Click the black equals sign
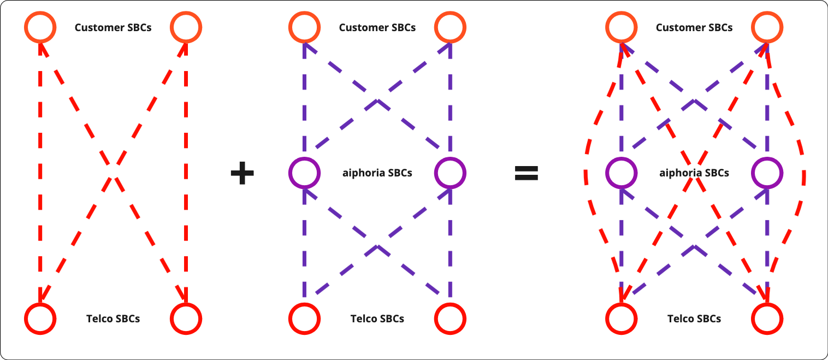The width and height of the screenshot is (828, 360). coord(527,174)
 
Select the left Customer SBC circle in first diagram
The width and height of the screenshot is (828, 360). coord(40,27)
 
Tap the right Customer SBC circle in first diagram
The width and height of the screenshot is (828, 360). coord(186,27)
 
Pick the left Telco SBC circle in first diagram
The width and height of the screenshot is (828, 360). coord(40,318)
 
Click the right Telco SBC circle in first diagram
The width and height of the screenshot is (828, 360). coord(186,318)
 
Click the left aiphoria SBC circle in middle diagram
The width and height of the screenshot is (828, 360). coord(304,173)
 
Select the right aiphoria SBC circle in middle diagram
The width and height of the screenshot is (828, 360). coord(450,173)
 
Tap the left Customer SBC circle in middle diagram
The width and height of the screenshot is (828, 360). coord(304,27)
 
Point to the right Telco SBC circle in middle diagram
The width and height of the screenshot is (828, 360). coord(450,318)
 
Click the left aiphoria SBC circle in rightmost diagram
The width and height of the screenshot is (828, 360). coord(621,173)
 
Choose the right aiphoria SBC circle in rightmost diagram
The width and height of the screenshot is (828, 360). coord(767,173)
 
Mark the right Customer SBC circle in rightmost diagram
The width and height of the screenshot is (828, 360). coord(767,27)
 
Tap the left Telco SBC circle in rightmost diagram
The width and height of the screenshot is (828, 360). coord(621,318)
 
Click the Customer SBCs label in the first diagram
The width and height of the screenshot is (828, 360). coord(113,27)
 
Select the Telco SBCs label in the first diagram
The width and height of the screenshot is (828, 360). coord(113,318)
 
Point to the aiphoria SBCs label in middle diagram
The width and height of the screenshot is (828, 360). coord(377,173)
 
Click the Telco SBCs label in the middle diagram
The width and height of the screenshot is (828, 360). coord(377,318)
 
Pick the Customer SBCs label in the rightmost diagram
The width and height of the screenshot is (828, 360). coord(694,27)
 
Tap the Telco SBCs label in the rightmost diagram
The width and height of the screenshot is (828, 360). coord(694,318)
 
